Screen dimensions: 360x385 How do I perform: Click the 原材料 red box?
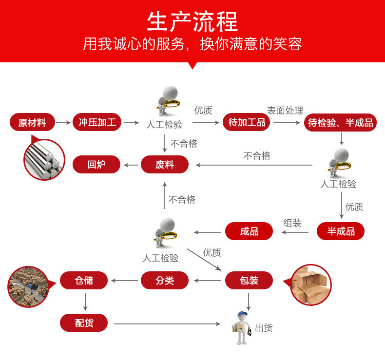point(32,122)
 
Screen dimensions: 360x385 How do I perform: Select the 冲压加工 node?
point(97,122)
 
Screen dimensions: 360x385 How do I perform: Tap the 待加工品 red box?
point(247,122)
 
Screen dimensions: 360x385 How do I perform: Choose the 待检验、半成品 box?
point(341,122)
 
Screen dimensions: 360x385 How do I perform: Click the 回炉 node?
point(96,165)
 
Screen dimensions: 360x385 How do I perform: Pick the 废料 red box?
point(165,165)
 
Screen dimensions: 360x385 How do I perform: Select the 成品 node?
point(249,231)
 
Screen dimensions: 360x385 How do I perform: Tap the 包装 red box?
point(249,281)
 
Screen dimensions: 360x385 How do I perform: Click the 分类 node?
point(165,281)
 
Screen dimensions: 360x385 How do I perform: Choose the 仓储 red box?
point(84,281)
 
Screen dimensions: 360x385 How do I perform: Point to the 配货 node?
point(84,323)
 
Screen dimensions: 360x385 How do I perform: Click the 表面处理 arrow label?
point(285,111)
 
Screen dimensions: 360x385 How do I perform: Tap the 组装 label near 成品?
point(292,223)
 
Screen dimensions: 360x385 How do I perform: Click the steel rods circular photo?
point(44,159)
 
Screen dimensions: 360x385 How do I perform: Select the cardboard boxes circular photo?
point(311,284)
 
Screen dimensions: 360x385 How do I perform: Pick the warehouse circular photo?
point(28,286)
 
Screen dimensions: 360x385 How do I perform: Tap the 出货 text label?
point(264,328)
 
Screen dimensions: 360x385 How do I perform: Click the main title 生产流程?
point(192,22)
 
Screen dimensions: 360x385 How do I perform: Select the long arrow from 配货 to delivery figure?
point(171,323)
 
